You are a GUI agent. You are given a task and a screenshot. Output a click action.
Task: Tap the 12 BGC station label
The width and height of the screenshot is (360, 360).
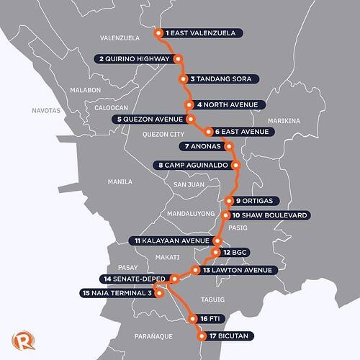235,253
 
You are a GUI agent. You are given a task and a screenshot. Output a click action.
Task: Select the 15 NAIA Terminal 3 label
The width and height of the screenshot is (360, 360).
119,292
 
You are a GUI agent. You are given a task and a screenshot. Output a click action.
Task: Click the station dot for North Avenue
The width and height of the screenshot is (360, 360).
189,105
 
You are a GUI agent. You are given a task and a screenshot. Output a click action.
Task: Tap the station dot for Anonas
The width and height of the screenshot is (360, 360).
230,147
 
